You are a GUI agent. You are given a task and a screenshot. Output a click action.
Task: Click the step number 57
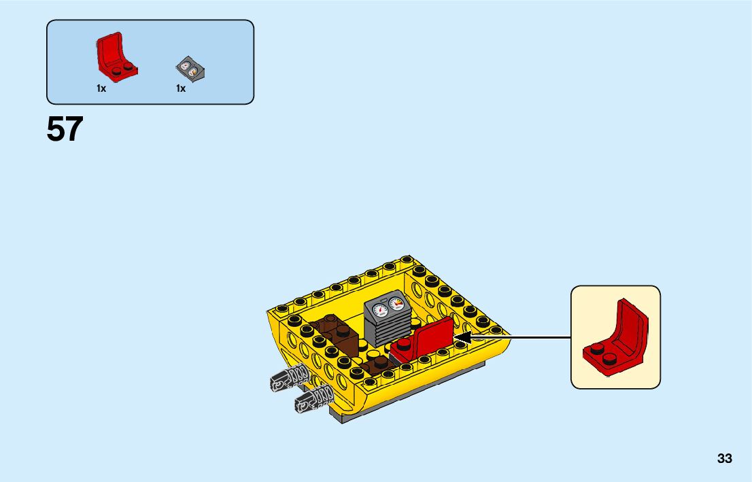65,129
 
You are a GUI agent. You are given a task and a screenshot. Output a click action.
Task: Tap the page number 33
724,459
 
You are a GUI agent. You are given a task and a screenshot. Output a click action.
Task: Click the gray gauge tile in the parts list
190,68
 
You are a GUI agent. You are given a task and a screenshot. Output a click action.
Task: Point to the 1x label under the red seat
101,88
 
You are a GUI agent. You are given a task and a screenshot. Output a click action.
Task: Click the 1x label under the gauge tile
181,88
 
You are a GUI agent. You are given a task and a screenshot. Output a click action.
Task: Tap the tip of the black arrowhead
455,337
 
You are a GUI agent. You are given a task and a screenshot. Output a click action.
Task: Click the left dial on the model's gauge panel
378,311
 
